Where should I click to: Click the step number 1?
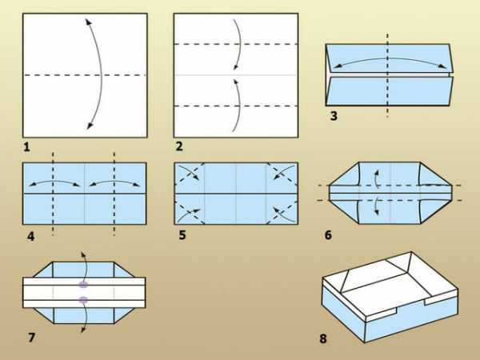pos(26,147)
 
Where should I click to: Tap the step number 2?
pos(179,146)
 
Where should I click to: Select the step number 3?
pos(334,116)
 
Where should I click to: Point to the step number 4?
pos(31,237)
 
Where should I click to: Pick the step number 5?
pos(182,235)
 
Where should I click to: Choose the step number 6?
pos(328,235)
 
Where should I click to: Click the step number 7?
pos(31,338)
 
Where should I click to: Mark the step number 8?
pos(323,338)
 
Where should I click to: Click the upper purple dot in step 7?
pos(83,285)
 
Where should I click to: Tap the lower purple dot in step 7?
pos(83,300)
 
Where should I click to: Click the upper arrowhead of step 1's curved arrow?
pos(88,22)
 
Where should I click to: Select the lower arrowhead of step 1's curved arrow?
pos(90,126)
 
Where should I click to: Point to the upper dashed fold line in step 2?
pos(236,44)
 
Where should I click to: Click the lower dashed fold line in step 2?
pos(236,106)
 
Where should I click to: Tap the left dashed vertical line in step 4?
pos(53,194)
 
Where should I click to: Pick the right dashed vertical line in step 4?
pos(114,194)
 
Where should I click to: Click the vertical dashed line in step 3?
pos(387,75)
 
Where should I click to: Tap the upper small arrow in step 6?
pos(377,178)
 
